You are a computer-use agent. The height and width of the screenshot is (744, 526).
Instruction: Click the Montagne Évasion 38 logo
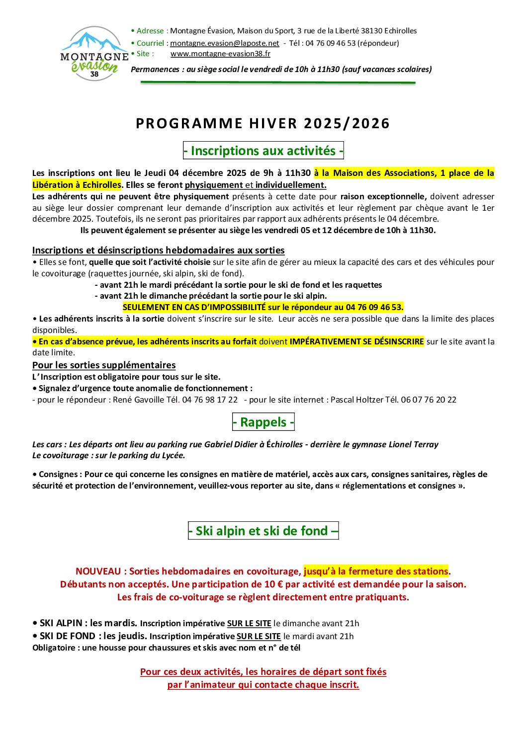tap(94, 54)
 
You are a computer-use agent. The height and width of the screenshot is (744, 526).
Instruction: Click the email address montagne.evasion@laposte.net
tap(225, 43)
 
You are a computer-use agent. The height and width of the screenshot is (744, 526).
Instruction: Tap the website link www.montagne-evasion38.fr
tap(220, 54)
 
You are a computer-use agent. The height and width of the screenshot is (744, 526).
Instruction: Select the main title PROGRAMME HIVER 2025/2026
tap(263, 123)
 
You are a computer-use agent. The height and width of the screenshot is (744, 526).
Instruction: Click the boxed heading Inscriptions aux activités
tap(263, 151)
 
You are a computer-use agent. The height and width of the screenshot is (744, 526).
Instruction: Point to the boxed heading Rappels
tap(263, 422)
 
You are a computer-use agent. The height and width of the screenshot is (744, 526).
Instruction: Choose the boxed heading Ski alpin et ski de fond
tap(263, 531)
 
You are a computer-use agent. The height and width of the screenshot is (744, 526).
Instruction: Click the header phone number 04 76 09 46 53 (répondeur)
tap(352, 43)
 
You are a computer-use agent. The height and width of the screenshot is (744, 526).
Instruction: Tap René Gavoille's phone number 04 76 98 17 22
tap(210, 400)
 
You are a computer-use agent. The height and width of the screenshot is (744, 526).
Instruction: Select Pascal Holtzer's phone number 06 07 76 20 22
tap(428, 400)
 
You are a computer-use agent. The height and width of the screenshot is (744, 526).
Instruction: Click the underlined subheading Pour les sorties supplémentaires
tap(104, 365)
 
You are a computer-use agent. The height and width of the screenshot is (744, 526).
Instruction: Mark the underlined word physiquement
tap(214, 185)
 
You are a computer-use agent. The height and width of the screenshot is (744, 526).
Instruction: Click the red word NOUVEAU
tap(98, 572)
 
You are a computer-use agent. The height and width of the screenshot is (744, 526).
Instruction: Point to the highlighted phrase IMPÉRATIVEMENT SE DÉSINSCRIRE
tap(356, 341)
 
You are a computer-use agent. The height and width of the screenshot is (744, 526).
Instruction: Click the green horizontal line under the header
tap(278, 82)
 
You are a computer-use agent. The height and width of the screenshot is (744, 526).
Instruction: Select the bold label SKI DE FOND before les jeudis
tap(68, 636)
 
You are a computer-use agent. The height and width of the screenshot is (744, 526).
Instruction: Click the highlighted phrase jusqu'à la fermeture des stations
tap(376, 572)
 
